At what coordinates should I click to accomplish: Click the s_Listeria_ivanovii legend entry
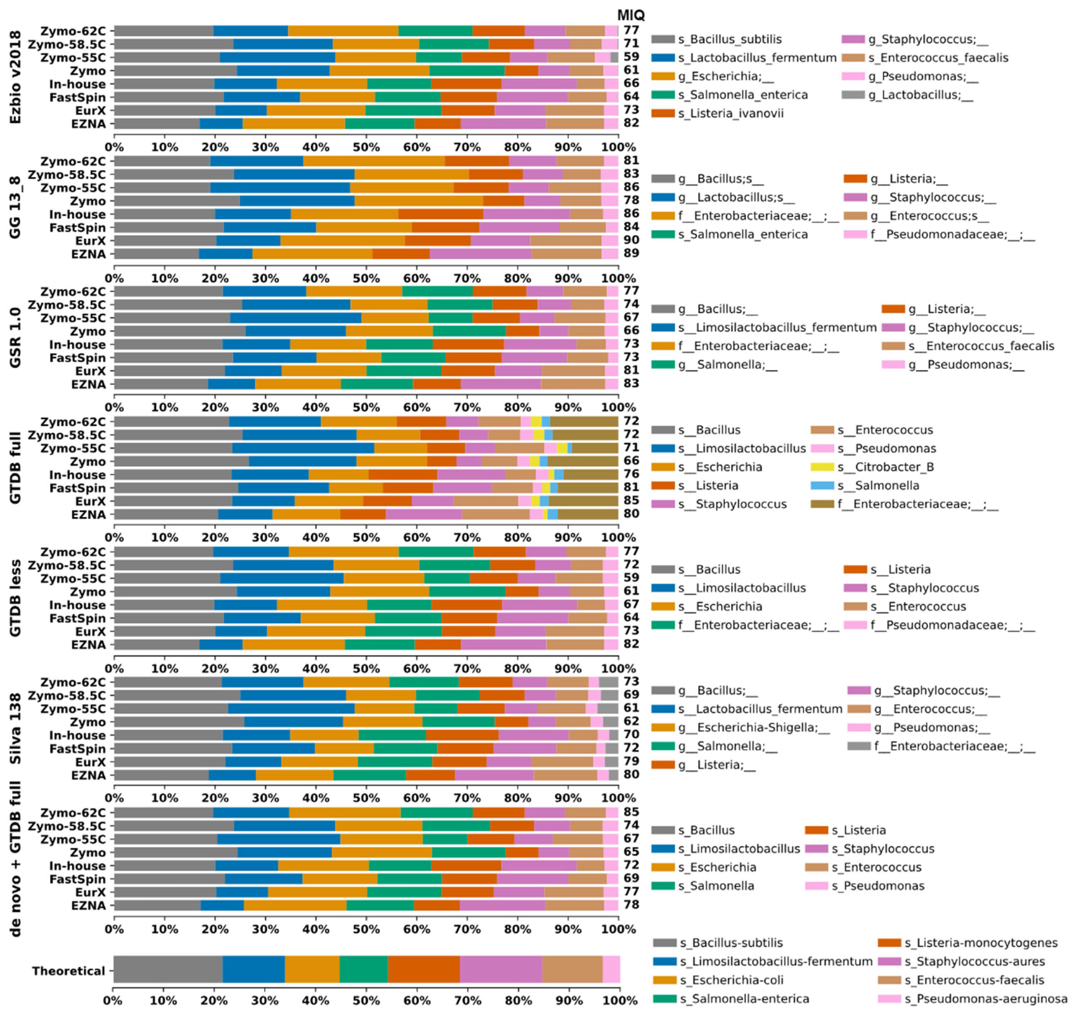(730, 113)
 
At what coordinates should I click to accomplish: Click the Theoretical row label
(68, 971)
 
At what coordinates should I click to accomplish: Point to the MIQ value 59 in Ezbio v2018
(631, 57)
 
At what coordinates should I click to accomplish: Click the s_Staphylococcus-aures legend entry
(974, 962)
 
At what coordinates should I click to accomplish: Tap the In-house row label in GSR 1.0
(78, 345)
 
